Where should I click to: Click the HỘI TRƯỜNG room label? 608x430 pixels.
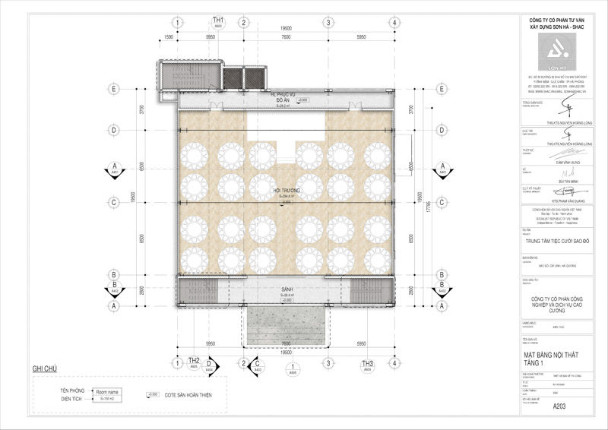[x=286, y=189]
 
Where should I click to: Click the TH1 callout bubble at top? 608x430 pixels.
[x=218, y=22]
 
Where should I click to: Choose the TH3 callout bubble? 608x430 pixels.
[x=369, y=362]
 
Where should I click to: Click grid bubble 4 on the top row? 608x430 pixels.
[x=395, y=22]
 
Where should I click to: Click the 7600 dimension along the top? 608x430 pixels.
[x=286, y=36]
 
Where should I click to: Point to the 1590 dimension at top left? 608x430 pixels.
[x=169, y=36]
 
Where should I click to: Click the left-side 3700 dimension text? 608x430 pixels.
[x=142, y=110]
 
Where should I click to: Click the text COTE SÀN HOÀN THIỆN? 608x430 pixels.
[x=188, y=395]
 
